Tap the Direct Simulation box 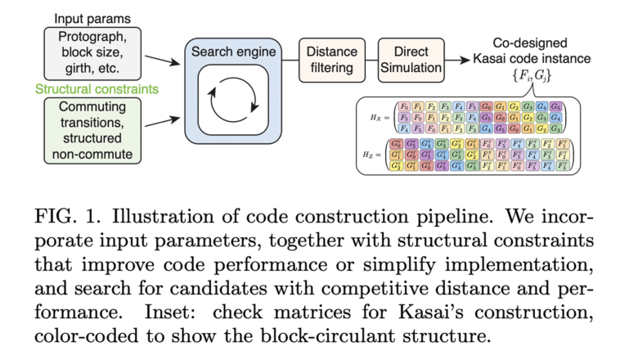(411, 60)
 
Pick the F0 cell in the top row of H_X (403, 106)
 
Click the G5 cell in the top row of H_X (555, 106)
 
